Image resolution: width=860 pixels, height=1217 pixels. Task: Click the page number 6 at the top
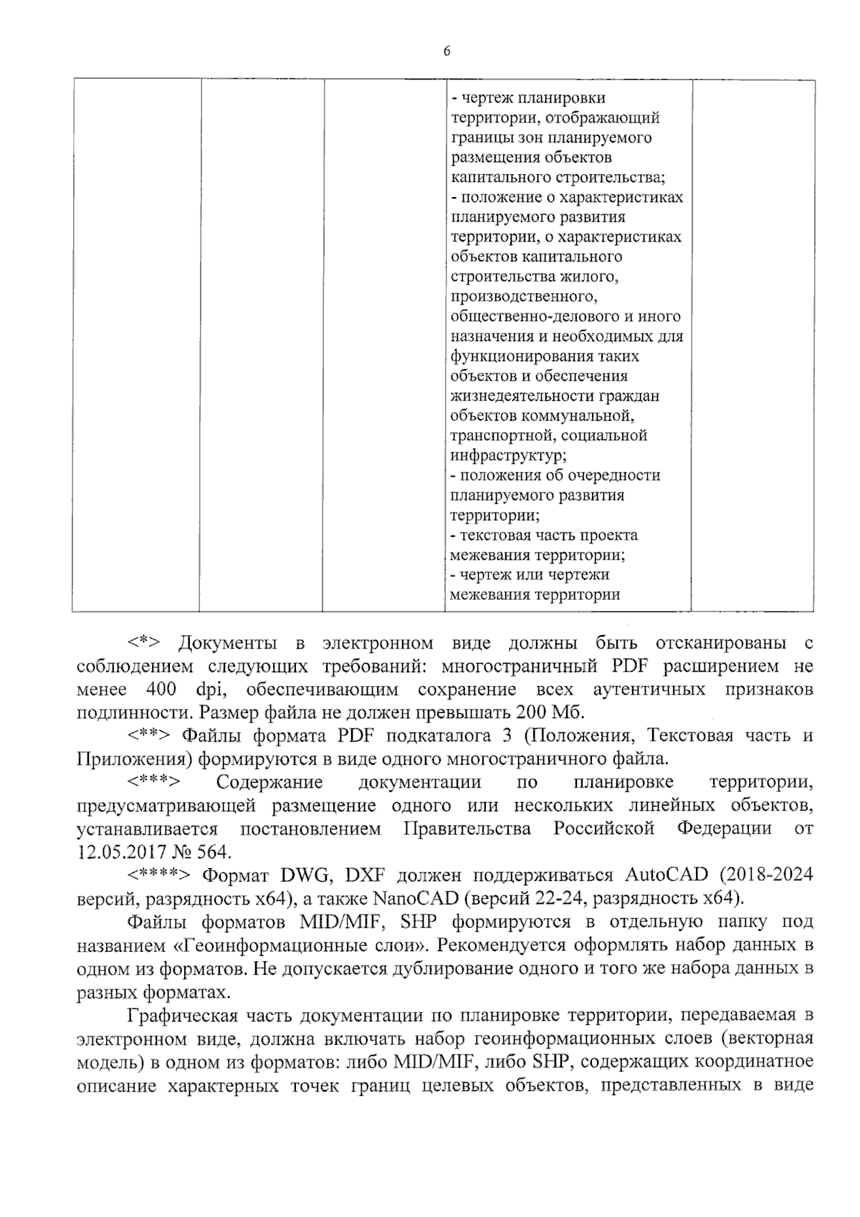[446, 51]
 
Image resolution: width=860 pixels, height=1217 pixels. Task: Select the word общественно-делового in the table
[530, 316]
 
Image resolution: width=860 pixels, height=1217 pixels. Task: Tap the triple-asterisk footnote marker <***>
[153, 781]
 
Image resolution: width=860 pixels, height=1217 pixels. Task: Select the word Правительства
[467, 829]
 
